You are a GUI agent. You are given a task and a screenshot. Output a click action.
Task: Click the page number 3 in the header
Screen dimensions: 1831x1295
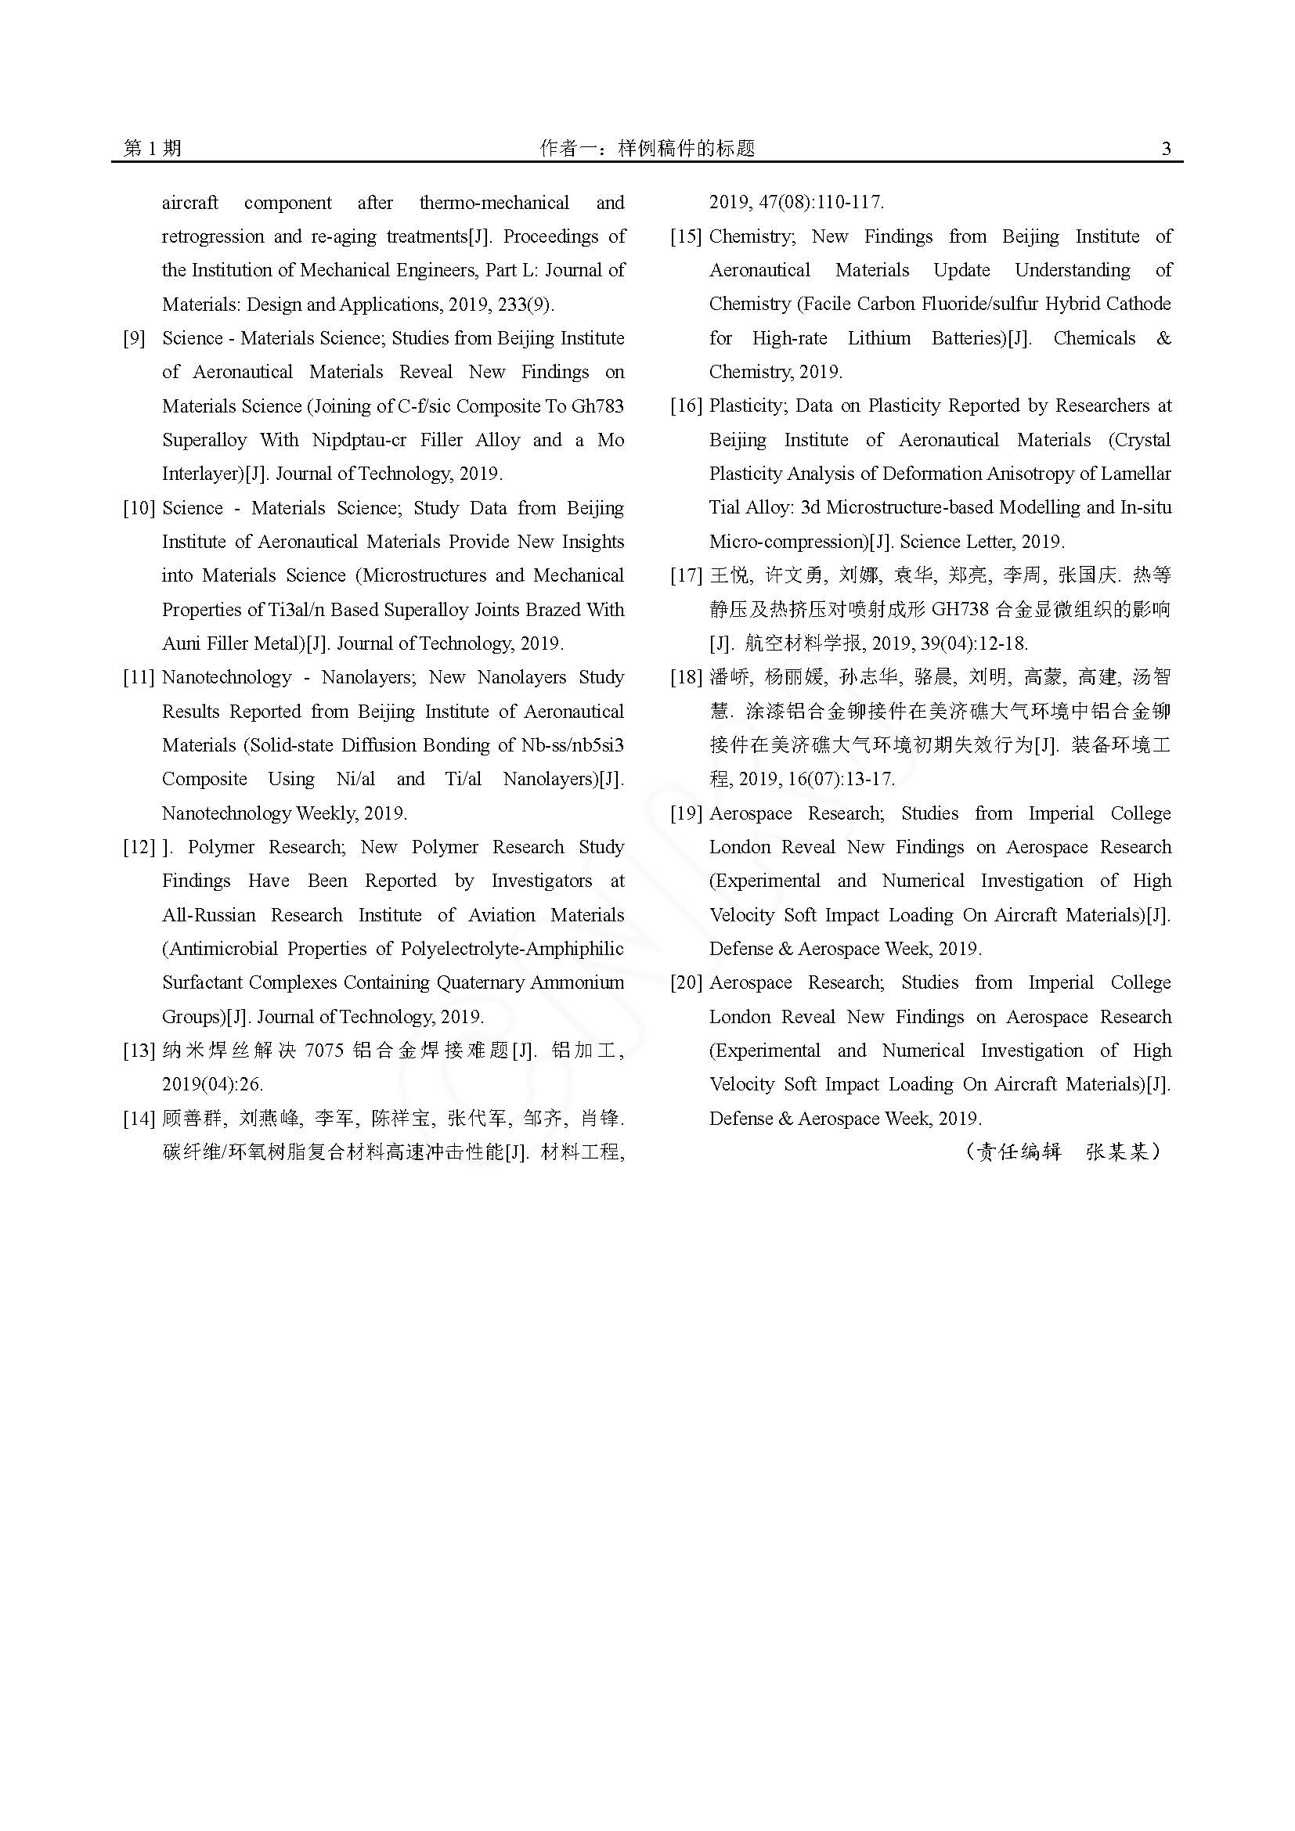pos(1166,148)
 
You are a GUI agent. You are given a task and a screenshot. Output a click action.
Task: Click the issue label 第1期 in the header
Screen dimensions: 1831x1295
pos(153,148)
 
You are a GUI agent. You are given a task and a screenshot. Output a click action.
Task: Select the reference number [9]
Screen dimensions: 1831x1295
pos(135,338)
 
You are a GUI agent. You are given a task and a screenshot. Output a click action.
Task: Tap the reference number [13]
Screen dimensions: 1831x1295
pos(139,1051)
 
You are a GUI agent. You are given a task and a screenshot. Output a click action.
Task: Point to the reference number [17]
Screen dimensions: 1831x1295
pos(686,575)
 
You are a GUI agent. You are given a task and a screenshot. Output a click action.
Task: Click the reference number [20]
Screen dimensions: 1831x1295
pos(686,982)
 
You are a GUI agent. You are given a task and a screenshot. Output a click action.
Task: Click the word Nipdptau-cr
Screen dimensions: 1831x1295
pos(359,440)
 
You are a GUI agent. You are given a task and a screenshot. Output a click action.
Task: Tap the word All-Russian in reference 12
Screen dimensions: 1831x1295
pos(209,914)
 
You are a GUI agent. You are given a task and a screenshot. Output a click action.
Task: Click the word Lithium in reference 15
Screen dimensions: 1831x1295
pos(878,338)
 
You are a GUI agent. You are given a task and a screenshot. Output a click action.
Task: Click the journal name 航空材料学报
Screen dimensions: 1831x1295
pos(803,643)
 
